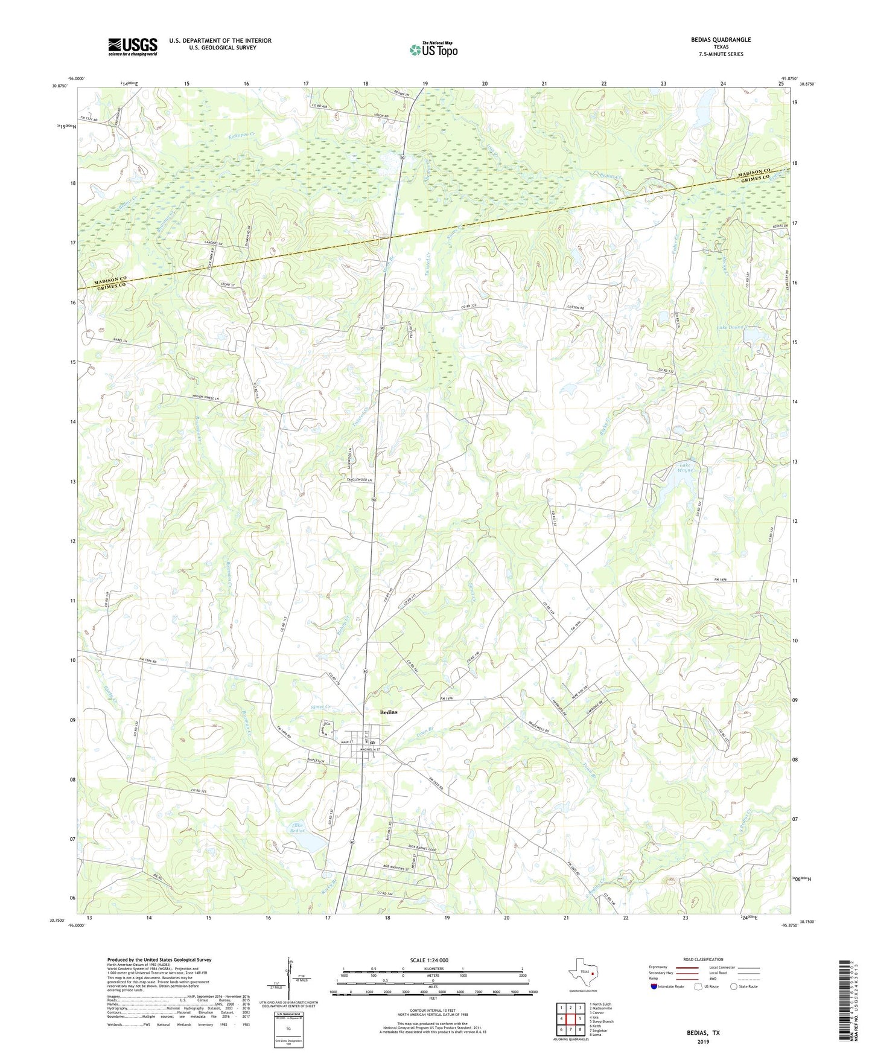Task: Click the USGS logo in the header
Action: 133,46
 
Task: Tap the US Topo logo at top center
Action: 433,50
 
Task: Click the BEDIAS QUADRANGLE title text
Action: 721,40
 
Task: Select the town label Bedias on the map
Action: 389,712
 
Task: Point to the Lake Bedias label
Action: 297,828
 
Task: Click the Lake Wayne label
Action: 686,468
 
